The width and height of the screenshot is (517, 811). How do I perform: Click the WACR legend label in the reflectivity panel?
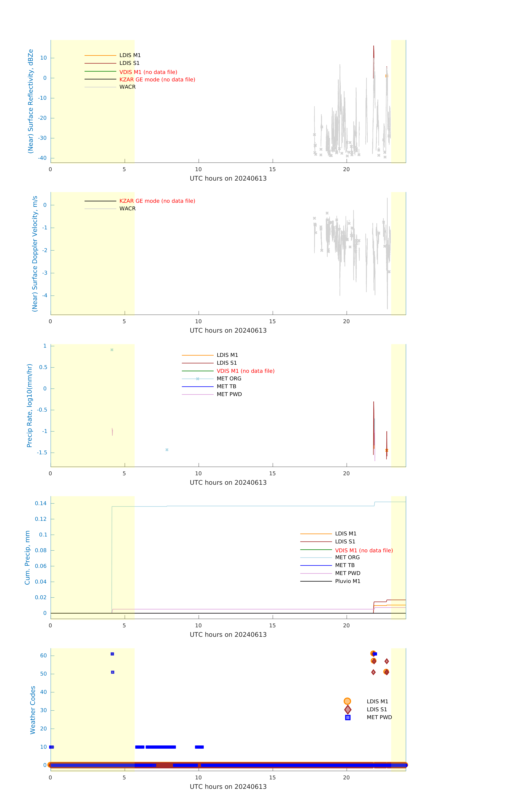point(127,87)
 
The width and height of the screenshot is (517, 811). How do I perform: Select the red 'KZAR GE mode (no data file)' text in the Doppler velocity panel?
point(157,201)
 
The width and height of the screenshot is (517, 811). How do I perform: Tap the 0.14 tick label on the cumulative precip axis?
point(41,503)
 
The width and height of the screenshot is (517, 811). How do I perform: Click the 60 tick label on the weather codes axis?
point(43,655)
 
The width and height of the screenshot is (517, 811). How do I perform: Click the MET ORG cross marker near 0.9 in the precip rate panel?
point(112,350)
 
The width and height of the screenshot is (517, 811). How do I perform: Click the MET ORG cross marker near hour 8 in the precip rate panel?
point(167,450)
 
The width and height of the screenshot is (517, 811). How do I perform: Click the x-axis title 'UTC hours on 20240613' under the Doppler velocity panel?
point(228,330)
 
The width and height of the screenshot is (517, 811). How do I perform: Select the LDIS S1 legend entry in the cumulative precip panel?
point(345,542)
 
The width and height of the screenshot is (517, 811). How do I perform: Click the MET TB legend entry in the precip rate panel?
point(226,386)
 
